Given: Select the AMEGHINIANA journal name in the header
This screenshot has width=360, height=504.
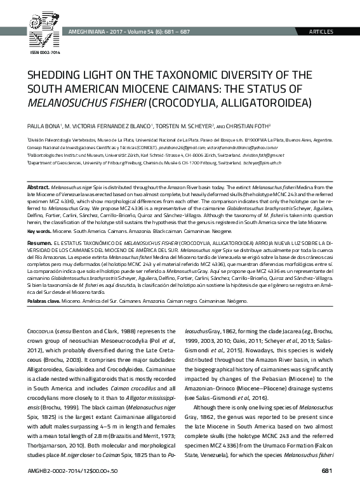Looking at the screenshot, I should (88, 32).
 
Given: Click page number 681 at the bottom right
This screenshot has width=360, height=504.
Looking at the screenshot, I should (326, 488).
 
